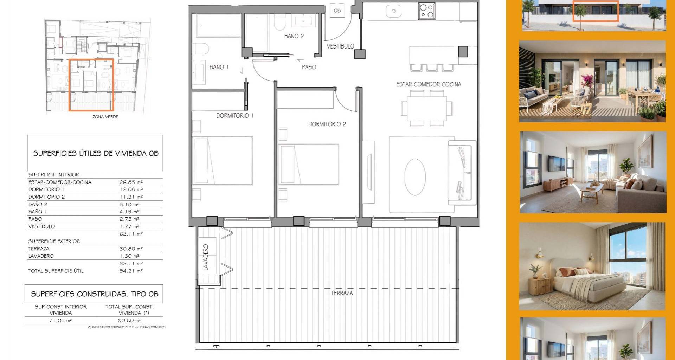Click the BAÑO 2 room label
[x=294, y=36]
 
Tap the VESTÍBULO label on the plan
[x=340, y=46]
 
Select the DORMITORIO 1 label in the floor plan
[x=234, y=115]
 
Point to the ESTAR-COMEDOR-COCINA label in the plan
[x=429, y=84]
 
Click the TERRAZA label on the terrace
[x=342, y=293]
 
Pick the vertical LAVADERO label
[x=206, y=257]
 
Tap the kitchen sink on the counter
[x=394, y=11]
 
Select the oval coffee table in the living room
[x=415, y=177]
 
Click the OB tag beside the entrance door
[x=337, y=11]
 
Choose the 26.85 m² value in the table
[x=131, y=182]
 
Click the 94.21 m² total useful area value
[x=131, y=271]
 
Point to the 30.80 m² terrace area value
[x=131, y=249]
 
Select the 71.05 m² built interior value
[x=60, y=320]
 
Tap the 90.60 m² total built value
[x=130, y=320]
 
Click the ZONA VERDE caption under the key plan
[x=105, y=117]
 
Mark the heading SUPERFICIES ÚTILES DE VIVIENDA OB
[x=96, y=153]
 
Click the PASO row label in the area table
[x=35, y=219]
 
